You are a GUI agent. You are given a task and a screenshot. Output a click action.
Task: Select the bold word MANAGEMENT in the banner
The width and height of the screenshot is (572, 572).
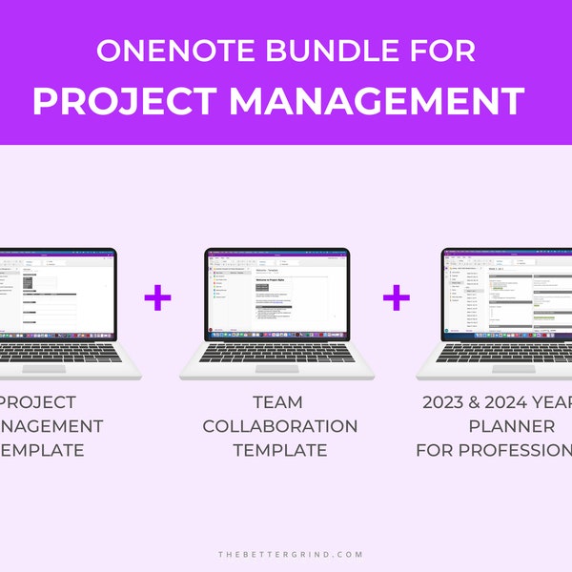tap(377, 100)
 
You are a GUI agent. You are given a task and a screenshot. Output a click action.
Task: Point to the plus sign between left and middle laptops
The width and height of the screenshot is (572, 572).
tap(158, 298)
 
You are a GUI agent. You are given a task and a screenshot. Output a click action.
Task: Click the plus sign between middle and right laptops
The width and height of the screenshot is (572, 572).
tap(397, 298)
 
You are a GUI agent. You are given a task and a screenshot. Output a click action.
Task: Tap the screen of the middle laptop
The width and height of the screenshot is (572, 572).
tap(277, 295)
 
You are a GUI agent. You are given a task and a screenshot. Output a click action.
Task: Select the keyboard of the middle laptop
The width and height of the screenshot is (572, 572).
tap(277, 353)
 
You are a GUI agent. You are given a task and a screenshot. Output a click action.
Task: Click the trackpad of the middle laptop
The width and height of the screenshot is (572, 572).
tap(277, 368)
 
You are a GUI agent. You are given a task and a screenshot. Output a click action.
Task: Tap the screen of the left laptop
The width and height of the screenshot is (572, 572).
tap(57, 295)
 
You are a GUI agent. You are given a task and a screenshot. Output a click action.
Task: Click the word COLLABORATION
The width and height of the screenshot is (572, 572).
tap(279, 426)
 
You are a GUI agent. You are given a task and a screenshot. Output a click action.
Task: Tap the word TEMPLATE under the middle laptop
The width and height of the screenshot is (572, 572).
tap(279, 450)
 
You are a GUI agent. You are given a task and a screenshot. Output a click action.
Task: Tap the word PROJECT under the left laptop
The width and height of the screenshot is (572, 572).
tap(38, 402)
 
